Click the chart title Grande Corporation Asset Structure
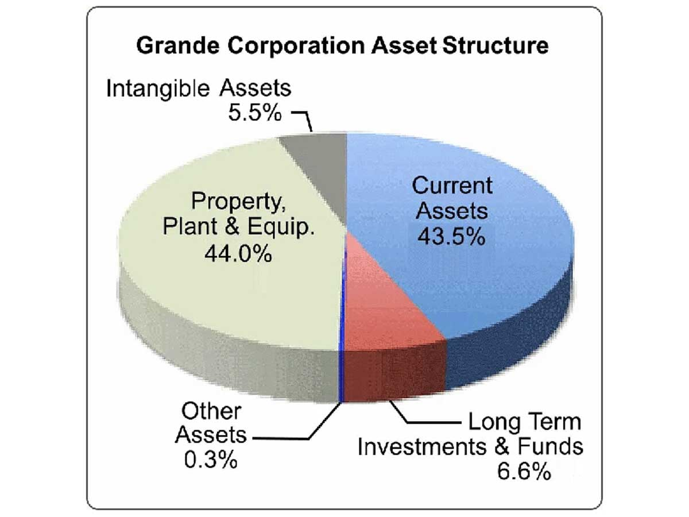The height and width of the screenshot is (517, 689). point(342,46)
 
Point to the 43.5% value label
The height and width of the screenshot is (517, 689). point(452,236)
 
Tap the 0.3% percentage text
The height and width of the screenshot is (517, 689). point(211,460)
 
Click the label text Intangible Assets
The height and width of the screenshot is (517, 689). point(199,89)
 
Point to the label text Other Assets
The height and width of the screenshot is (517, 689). point(211,423)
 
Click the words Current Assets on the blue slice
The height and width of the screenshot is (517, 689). point(452,198)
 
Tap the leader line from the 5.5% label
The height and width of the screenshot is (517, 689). point(304,117)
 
